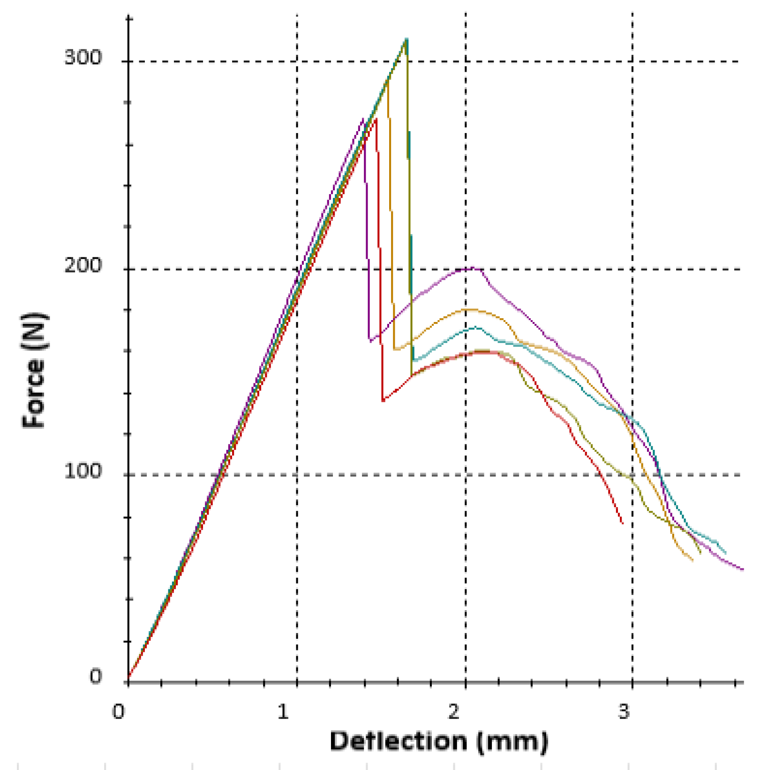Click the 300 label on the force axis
83,58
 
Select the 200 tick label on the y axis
83,266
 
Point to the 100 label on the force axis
83,471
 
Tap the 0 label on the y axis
95,676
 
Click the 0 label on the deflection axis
118,711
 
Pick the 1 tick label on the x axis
282,711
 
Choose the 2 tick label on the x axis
453,711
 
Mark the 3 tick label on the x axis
624,711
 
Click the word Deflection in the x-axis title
399,741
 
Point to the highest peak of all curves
406,39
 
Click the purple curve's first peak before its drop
363,119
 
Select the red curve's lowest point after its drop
383,401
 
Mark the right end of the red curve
623,523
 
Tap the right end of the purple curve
743,569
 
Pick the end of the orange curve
692,560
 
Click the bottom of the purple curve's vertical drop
370,341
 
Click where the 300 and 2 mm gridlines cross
465,61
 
